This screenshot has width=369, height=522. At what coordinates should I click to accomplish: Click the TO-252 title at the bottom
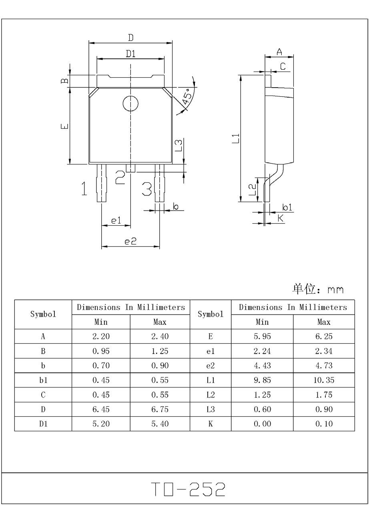(x=188, y=489)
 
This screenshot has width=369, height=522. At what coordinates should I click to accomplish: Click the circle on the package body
(x=130, y=104)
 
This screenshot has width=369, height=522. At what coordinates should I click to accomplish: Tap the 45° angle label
(x=187, y=97)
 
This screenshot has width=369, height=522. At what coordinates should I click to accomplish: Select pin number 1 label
(x=84, y=188)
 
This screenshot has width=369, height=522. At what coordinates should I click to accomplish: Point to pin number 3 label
(x=147, y=188)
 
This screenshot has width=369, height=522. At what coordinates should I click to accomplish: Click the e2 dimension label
(x=130, y=241)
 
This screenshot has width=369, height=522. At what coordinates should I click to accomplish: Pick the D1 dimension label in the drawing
(x=131, y=54)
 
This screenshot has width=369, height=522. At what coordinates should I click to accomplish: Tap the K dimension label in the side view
(x=281, y=218)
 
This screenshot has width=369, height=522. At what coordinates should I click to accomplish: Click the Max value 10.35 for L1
(x=324, y=380)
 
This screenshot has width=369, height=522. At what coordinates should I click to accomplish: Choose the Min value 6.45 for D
(x=101, y=409)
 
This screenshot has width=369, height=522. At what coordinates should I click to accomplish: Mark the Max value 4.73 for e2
(x=324, y=366)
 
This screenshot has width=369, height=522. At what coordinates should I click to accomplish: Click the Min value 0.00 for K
(x=262, y=424)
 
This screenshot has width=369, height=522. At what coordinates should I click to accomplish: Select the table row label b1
(x=43, y=380)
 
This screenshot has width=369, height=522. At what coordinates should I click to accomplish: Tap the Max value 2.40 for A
(x=160, y=336)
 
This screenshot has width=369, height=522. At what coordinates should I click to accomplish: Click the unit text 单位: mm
(x=318, y=289)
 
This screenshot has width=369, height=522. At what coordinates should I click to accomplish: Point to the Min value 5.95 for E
(x=262, y=336)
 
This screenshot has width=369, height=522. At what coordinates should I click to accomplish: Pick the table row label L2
(x=211, y=395)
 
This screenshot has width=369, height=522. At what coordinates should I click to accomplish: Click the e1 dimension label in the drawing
(x=116, y=220)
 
